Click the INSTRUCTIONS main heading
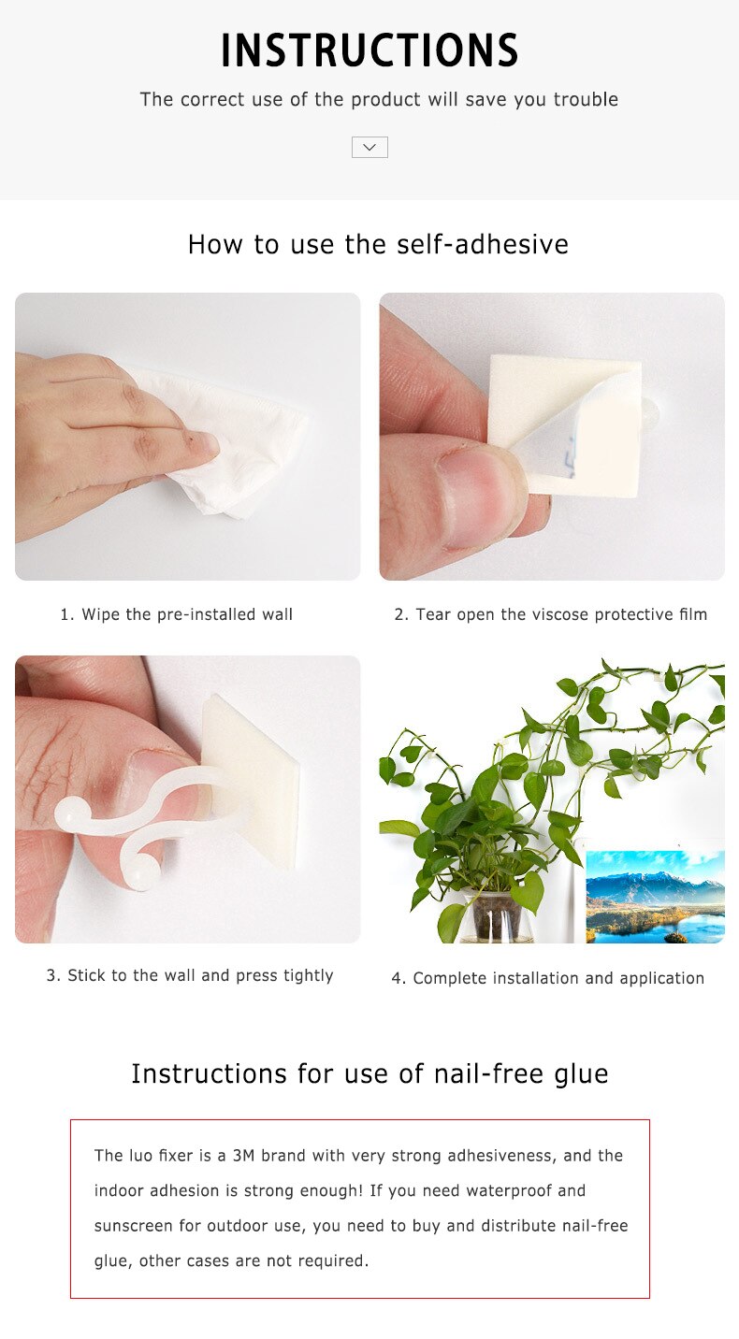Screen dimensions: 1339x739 pos(369,51)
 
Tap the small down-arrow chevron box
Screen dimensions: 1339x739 pos(369,147)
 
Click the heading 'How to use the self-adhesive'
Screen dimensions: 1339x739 pos(378,244)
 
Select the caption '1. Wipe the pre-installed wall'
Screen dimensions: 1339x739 pos(177,614)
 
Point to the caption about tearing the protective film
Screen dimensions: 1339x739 pos(551,614)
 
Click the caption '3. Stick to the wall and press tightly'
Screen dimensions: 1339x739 pos(190,975)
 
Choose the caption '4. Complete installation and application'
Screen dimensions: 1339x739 pos(548,978)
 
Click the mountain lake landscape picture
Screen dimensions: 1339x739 pos(655,896)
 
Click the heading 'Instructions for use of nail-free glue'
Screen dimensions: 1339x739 pos(369,1073)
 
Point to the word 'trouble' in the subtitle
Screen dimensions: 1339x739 pos(585,99)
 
